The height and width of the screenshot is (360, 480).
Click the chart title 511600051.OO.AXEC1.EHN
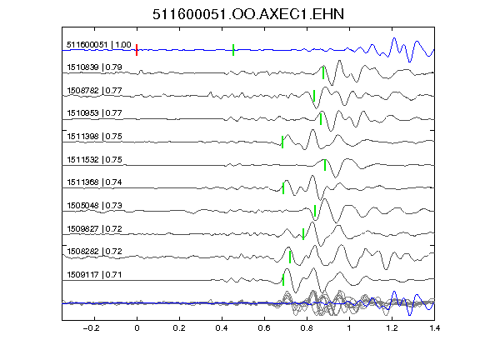(248, 14)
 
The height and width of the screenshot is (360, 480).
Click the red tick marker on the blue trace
(137, 50)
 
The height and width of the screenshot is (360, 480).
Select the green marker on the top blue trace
(233, 50)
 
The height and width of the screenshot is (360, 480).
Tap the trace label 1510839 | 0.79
(95, 67)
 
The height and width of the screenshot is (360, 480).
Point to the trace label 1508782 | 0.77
(95, 91)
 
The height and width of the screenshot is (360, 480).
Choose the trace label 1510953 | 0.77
(95, 113)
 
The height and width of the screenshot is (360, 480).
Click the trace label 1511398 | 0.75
(95, 136)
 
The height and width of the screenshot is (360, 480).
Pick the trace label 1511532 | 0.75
(95, 159)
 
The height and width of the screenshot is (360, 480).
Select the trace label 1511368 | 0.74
(95, 182)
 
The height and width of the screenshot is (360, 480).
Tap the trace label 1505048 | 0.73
(95, 205)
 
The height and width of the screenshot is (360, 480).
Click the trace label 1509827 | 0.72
(95, 228)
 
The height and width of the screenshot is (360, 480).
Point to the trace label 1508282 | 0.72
(95, 252)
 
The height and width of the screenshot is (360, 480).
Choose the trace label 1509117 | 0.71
(95, 275)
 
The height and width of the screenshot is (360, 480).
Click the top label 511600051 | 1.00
(99, 45)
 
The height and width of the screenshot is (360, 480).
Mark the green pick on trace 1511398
(282, 142)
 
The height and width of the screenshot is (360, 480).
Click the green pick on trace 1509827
(303, 234)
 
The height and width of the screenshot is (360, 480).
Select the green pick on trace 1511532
(325, 165)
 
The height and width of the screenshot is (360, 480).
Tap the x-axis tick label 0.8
(307, 328)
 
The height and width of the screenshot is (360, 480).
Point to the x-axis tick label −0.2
(92, 328)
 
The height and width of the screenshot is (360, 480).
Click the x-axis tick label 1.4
(435, 328)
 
